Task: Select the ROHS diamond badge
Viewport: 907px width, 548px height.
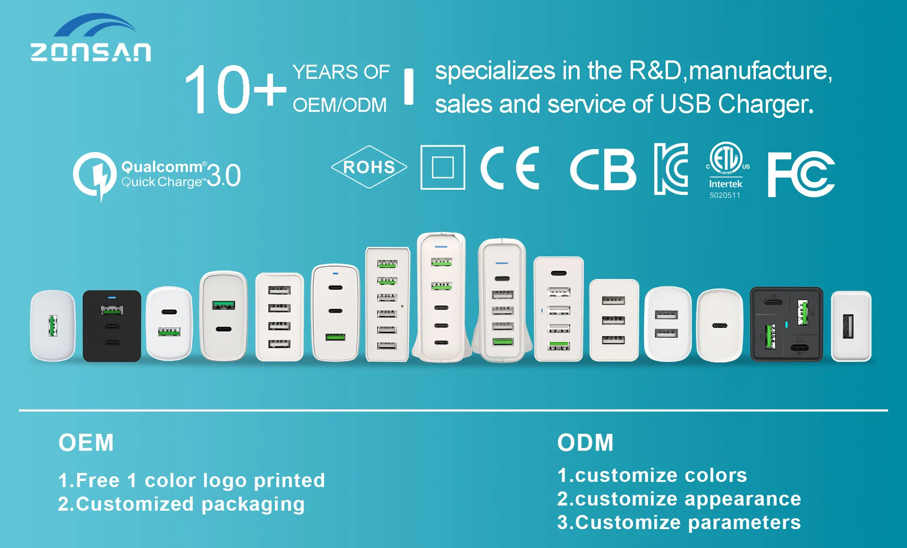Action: (369, 167)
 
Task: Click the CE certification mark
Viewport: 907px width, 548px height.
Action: (510, 168)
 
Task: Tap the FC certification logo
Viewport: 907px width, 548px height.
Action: (801, 174)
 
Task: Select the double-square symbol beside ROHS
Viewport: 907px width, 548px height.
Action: (443, 167)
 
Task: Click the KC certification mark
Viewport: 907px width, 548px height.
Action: (671, 169)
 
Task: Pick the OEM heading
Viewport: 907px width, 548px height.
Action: (86, 443)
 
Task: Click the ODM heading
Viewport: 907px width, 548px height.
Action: (585, 443)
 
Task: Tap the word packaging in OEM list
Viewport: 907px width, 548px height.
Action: (253, 505)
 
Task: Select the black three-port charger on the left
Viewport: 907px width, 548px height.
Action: (112, 326)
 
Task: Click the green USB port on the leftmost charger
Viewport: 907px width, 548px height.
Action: (53, 326)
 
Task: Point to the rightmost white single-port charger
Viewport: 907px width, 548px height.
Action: (851, 326)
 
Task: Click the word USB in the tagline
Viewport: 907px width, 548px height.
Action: (685, 104)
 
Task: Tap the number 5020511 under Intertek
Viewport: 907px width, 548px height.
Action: (725, 195)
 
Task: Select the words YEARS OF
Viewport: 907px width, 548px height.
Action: (341, 72)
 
